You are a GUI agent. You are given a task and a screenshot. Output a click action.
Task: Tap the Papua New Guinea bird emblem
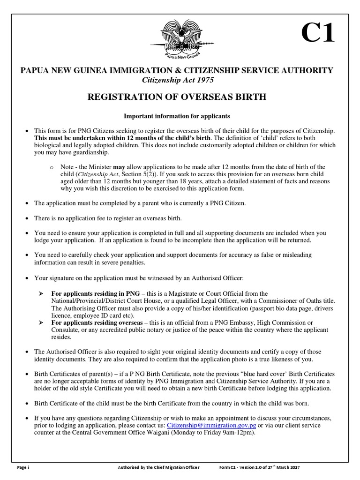(x=180, y=39)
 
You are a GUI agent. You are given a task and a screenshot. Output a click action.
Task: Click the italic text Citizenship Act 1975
(x=178, y=80)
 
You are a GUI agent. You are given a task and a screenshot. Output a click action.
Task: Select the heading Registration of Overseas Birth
(x=177, y=97)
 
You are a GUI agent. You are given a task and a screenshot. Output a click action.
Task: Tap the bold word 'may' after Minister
(x=119, y=167)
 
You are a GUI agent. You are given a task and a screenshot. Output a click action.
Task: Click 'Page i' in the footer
(x=22, y=468)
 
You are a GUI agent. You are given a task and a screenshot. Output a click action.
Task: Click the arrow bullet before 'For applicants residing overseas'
(x=41, y=323)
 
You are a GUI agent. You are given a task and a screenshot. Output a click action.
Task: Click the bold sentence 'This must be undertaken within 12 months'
(x=122, y=138)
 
